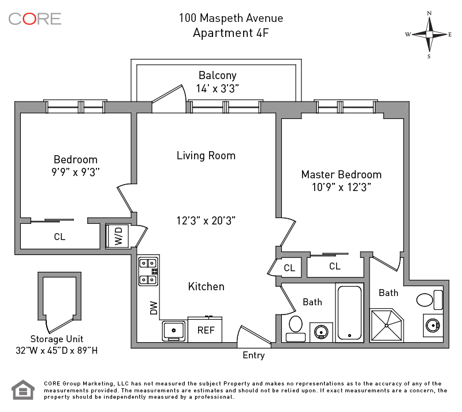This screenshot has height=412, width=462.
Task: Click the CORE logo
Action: [35, 18]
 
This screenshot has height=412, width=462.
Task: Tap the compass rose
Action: [429, 34]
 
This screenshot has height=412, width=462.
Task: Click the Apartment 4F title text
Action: [230, 32]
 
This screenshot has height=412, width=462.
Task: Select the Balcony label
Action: [217, 76]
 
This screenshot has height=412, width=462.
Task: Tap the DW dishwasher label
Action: [154, 308]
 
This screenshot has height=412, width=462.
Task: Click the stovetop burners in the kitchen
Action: [148, 271]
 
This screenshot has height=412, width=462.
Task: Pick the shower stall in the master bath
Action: [389, 326]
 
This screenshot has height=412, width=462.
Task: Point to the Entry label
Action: [254, 355]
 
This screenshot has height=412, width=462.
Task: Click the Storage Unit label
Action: [57, 339]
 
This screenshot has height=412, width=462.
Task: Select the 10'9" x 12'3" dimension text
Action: [341, 187]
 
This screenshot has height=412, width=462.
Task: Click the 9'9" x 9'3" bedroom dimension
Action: [76, 172]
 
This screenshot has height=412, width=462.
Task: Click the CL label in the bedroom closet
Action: [59, 237]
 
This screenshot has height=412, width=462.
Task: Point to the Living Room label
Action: [206, 156]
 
